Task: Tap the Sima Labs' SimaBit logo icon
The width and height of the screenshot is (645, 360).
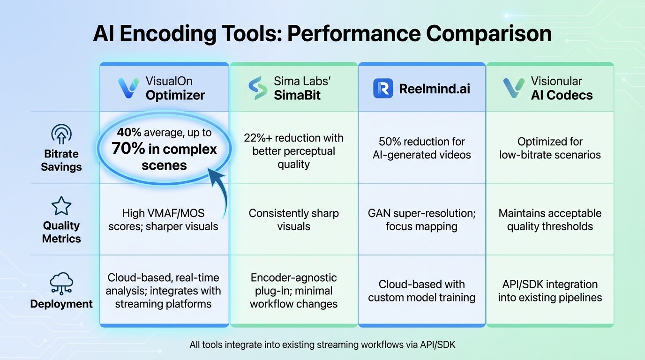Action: coord(257,88)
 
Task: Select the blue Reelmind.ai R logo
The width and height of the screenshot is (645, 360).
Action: coord(383,88)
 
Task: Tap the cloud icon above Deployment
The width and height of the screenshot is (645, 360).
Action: coord(61,283)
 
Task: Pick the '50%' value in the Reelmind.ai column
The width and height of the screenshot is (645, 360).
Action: coord(388,142)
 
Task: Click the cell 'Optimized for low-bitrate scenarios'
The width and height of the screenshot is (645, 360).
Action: coord(550,148)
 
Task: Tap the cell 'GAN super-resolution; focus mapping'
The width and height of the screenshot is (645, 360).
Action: coord(421,220)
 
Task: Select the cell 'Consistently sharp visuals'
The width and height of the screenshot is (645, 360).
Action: coord(293,220)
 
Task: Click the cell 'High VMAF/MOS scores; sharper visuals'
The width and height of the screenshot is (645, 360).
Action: coord(163,220)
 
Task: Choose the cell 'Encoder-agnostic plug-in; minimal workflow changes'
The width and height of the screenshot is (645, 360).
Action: coord(293,291)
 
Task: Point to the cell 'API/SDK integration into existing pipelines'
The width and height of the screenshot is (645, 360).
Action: coord(550,291)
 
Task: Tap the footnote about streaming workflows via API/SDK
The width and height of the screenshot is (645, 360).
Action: coord(322,345)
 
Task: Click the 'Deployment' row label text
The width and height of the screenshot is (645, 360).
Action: coord(61,304)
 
